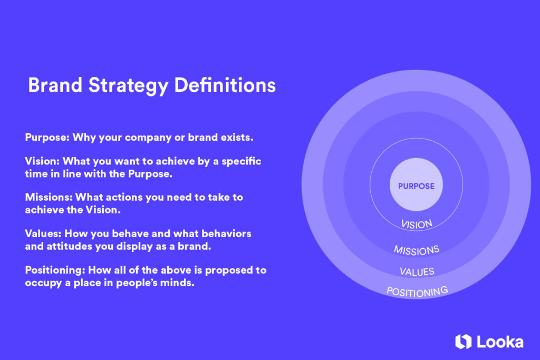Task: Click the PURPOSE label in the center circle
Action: [416, 186]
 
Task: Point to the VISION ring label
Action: [417, 224]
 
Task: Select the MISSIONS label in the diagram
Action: [417, 249]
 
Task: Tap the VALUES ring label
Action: [417, 271]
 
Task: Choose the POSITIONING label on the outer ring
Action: [417, 291]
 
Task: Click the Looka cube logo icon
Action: [462, 342]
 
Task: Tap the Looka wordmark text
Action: [500, 342]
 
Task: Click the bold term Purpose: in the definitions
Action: [47, 138]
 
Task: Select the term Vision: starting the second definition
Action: [42, 161]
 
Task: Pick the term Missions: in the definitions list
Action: [49, 197]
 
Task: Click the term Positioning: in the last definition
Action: [55, 270]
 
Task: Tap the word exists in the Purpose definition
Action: [238, 138]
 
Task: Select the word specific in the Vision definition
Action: [242, 161]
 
